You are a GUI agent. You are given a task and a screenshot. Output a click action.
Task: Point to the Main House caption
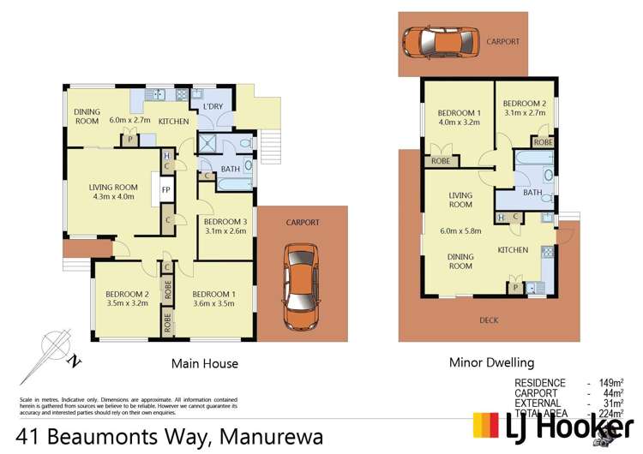point(205,363)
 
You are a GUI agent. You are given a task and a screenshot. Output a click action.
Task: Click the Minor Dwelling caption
point(491,362)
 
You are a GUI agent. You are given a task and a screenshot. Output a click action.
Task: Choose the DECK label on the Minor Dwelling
point(489,320)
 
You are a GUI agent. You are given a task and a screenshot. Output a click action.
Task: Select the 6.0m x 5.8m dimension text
point(460,230)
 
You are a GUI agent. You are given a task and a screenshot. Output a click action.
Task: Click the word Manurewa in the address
point(271,437)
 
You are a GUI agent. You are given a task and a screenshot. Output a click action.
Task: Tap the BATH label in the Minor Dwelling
point(533,193)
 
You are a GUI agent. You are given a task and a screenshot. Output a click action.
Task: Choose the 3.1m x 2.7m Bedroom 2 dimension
point(525,112)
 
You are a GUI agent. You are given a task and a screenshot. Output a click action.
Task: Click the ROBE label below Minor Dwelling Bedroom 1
point(441,160)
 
